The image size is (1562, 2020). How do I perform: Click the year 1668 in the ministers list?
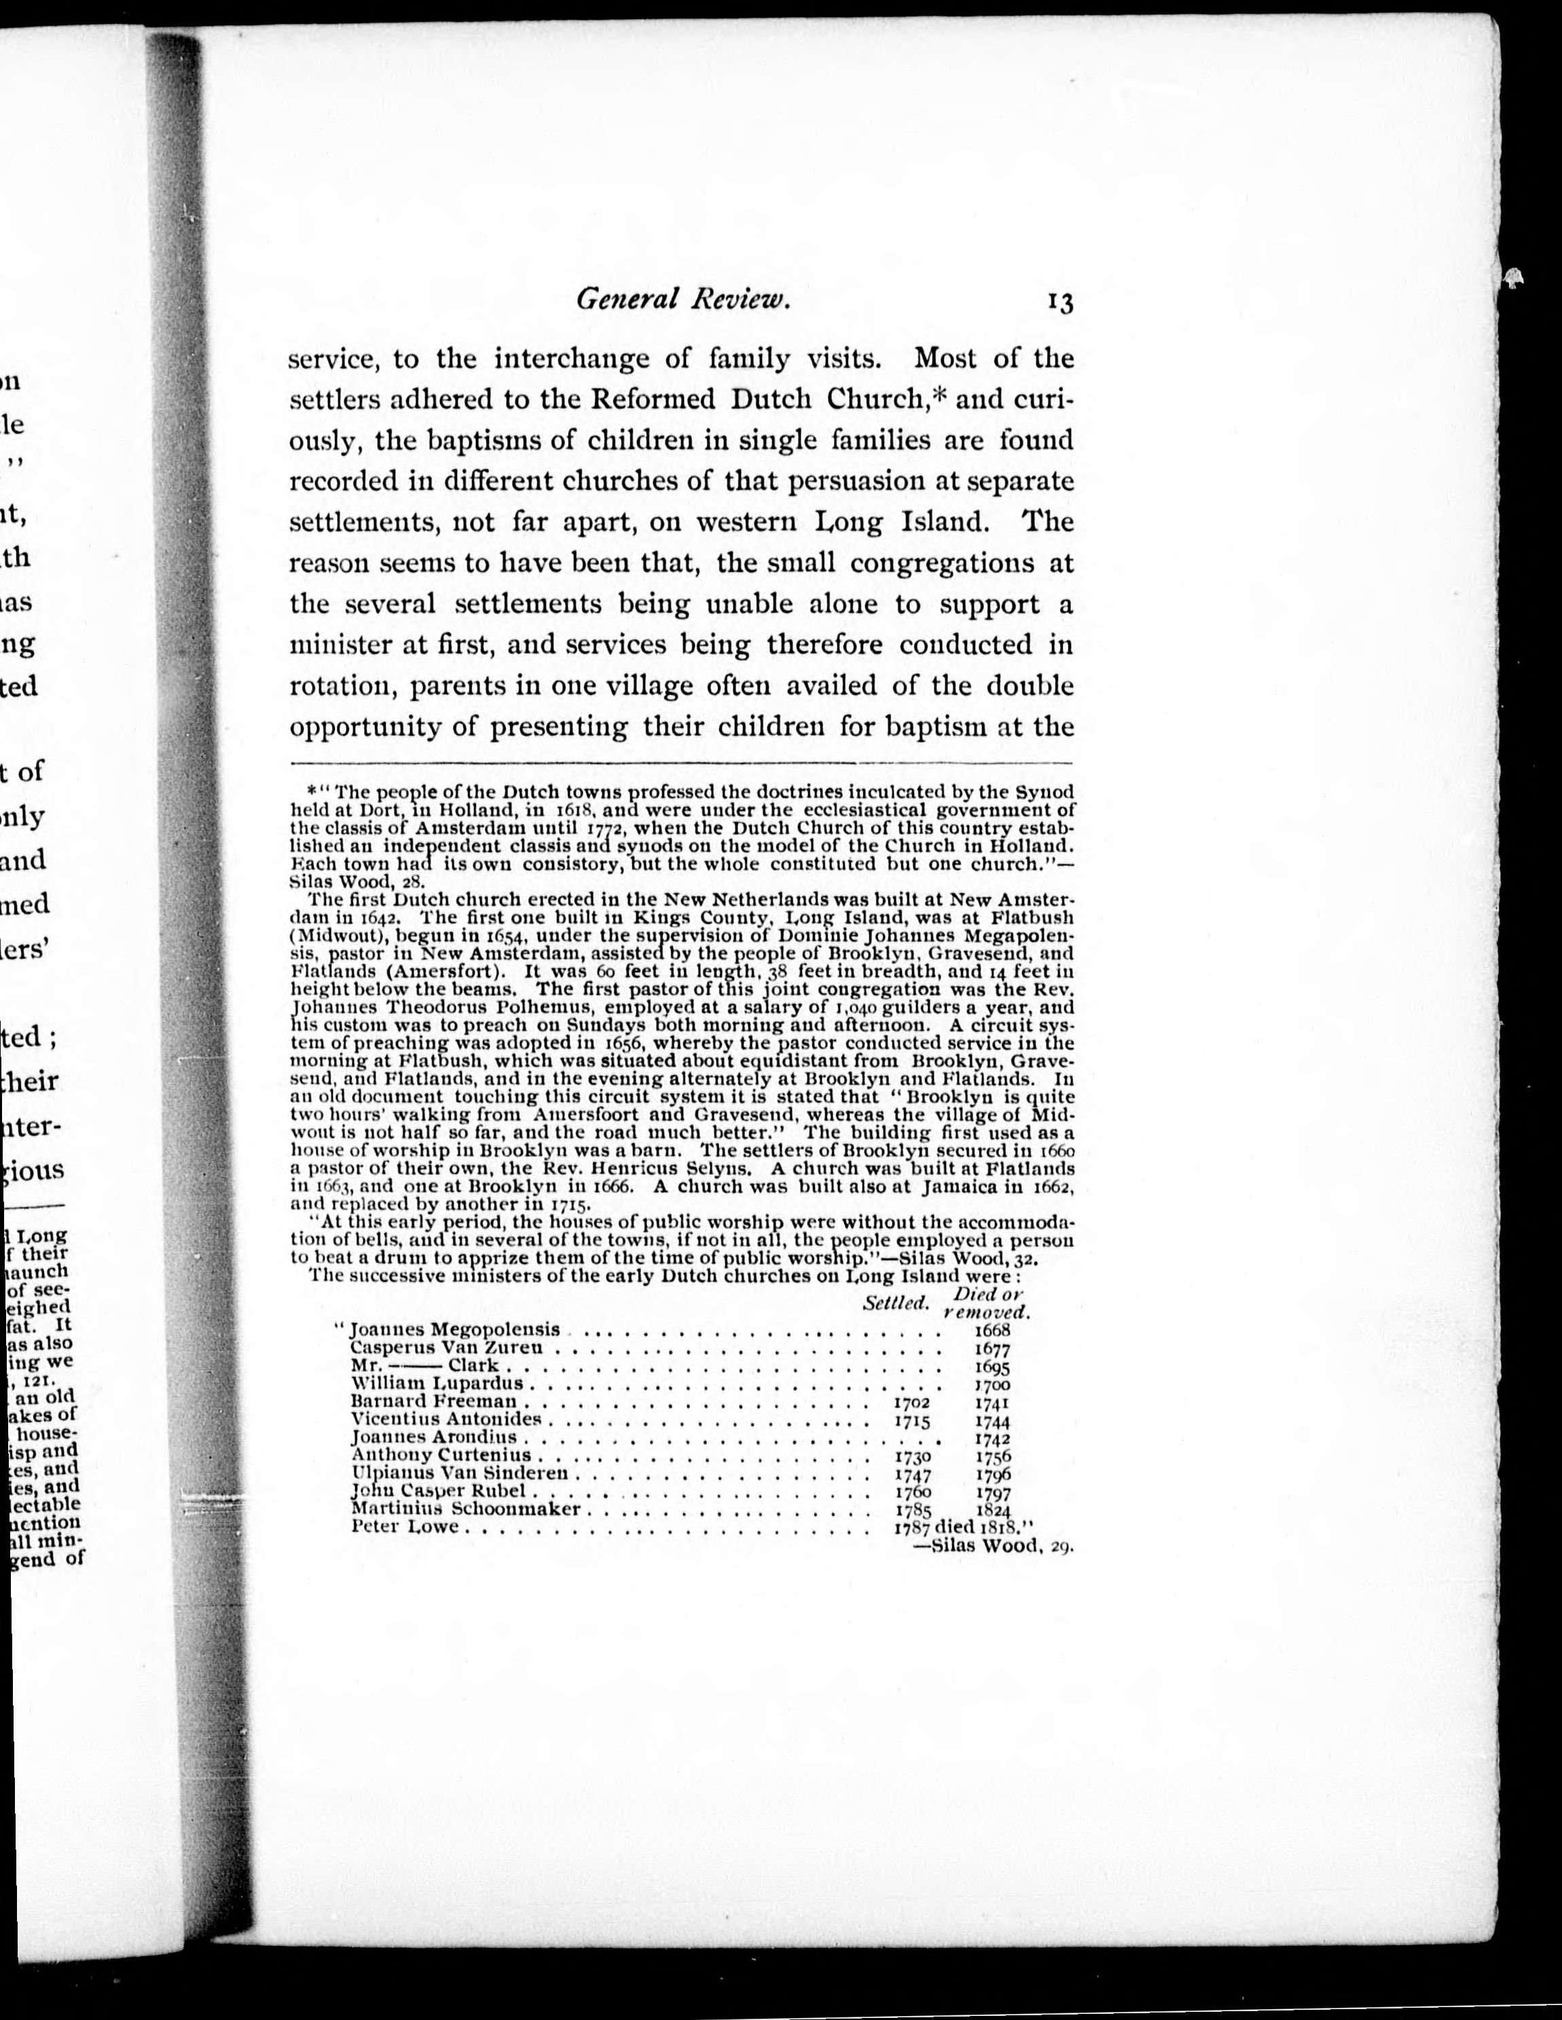992,1330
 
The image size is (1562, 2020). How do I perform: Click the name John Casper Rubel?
438,1492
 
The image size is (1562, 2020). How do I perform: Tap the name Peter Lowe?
405,1527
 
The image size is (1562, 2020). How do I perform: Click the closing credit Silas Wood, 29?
992,1545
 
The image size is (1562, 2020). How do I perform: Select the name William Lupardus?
437,1384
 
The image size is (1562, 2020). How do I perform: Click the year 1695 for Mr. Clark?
992,1366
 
